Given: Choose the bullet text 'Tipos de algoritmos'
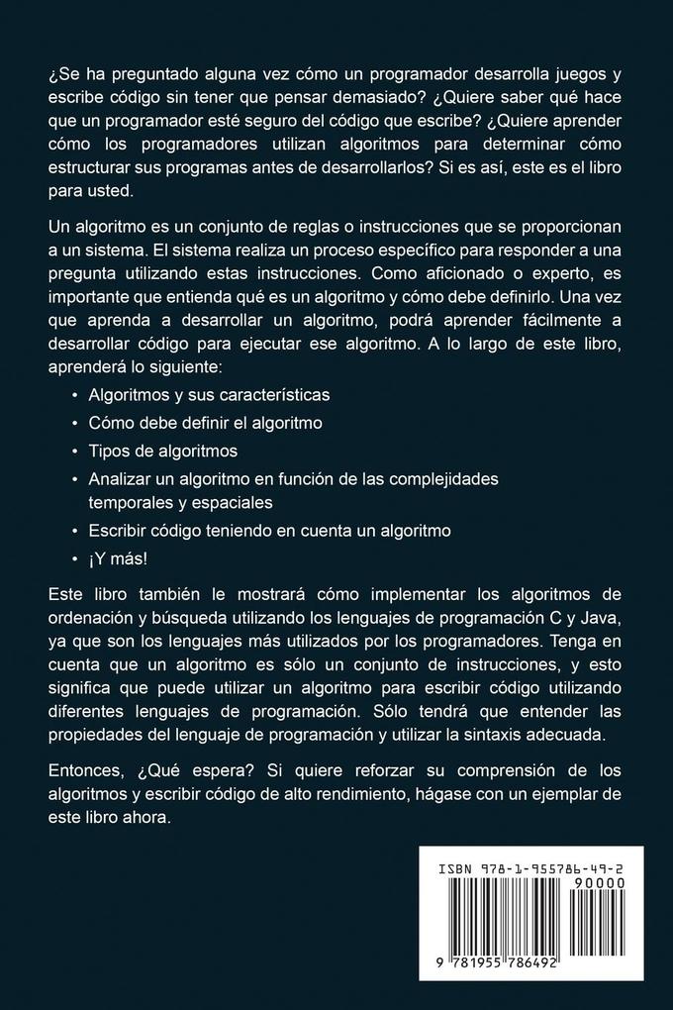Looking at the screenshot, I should (x=163, y=451).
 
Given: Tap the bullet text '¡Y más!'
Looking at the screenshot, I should (x=118, y=557).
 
